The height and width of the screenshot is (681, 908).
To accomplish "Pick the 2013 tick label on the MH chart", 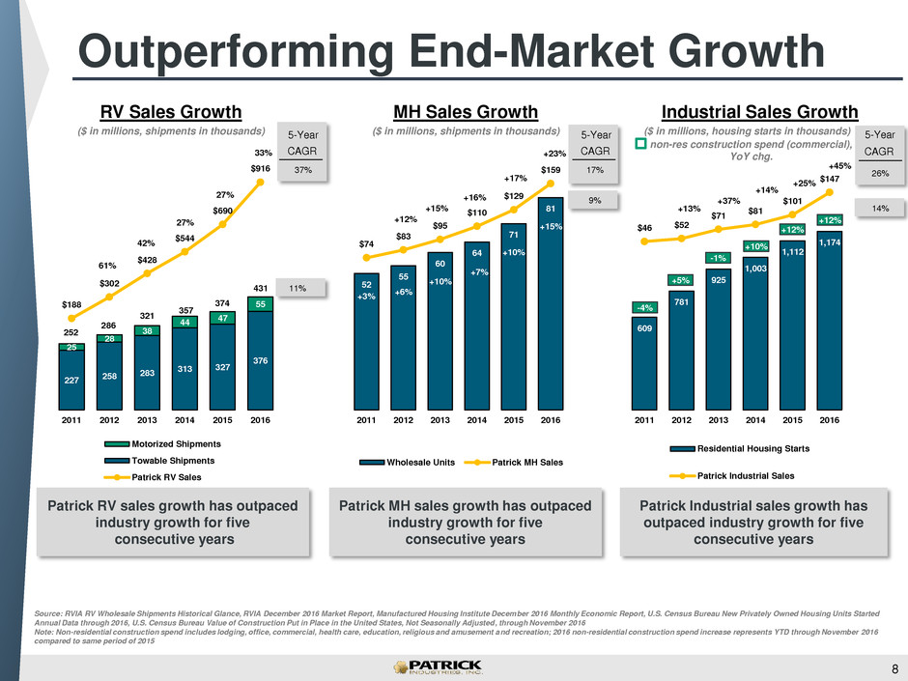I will click(x=440, y=420).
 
